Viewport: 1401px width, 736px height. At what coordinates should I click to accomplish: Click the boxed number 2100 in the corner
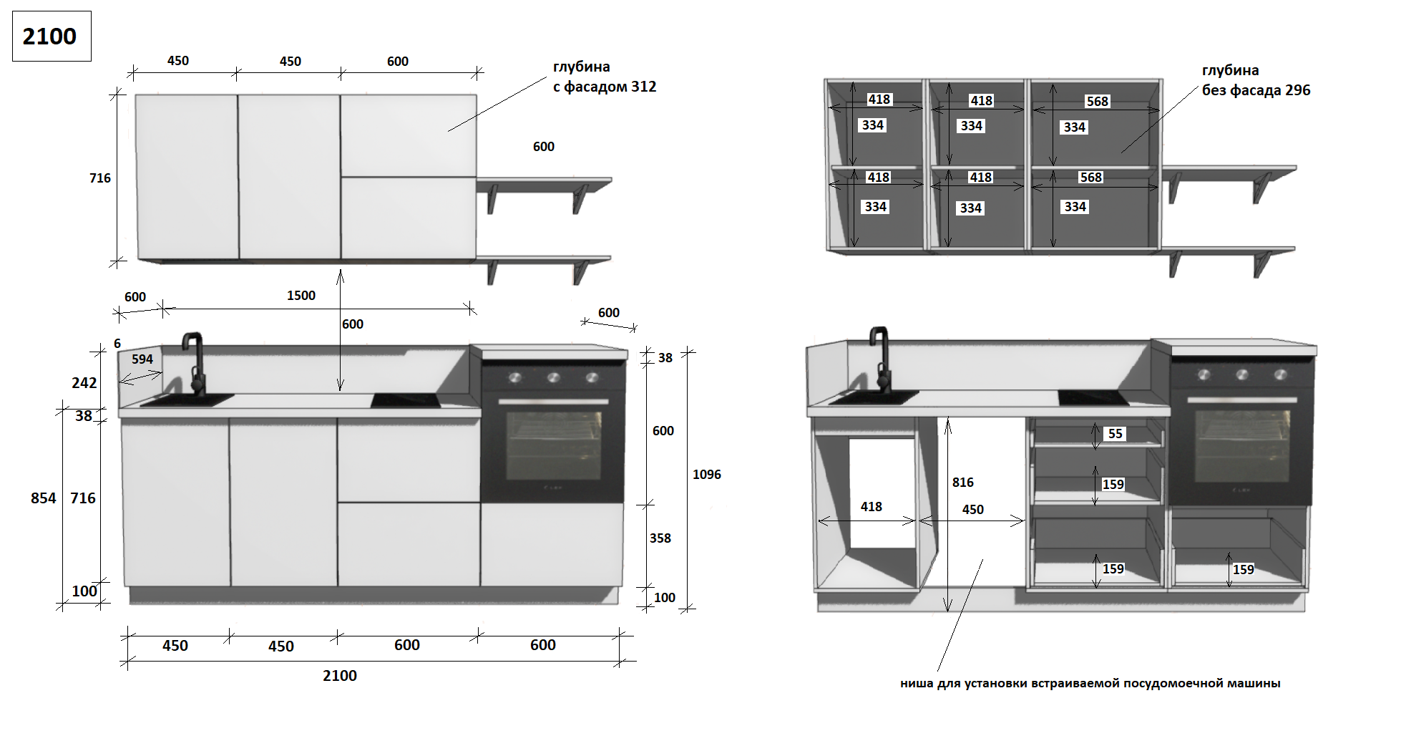(x=49, y=37)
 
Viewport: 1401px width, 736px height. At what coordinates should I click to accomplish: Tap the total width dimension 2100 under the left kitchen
(x=339, y=676)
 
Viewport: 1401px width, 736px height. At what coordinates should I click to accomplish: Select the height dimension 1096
(x=706, y=475)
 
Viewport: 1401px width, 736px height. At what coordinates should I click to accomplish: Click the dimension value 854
(x=43, y=498)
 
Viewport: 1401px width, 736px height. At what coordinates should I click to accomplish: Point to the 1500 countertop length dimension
(x=301, y=296)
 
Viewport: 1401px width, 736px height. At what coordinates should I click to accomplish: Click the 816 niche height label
(x=962, y=483)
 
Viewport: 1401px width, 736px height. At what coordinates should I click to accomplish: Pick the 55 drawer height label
(x=1115, y=434)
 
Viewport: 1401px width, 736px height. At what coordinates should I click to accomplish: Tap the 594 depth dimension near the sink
(x=142, y=359)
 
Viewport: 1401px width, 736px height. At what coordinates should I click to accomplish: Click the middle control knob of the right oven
(x=1242, y=374)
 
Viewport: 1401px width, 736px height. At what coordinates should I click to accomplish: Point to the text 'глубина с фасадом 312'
(x=604, y=77)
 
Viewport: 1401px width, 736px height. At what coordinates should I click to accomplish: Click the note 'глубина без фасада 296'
(x=1256, y=80)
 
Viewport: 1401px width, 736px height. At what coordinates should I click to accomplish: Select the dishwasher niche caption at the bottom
(x=1090, y=683)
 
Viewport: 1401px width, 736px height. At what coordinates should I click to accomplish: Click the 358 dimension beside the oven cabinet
(x=660, y=538)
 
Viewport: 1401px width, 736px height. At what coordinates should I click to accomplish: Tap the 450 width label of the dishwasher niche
(x=972, y=510)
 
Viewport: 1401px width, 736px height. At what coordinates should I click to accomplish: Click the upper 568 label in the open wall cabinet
(x=1097, y=102)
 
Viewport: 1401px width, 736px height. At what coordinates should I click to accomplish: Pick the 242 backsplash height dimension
(x=84, y=383)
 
